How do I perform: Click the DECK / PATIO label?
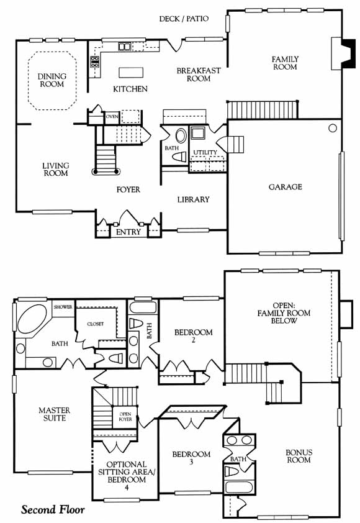(184, 19)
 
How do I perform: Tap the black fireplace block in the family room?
(349, 53)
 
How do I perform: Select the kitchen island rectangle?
(131, 73)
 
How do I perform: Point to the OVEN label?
(112, 117)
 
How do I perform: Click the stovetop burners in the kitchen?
(95, 62)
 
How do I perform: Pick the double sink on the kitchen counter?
(125, 47)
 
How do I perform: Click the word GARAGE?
(286, 187)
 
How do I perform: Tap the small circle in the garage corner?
(332, 128)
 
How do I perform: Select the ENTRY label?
(128, 232)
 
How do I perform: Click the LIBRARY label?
(193, 199)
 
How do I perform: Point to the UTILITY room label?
(205, 152)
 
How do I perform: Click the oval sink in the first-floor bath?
(181, 136)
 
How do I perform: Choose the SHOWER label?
(63, 307)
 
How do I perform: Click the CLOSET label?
(96, 324)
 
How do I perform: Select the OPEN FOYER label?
(125, 417)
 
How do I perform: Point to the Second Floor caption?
(53, 510)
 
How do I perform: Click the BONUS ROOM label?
(299, 457)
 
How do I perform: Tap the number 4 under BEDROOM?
(127, 488)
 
